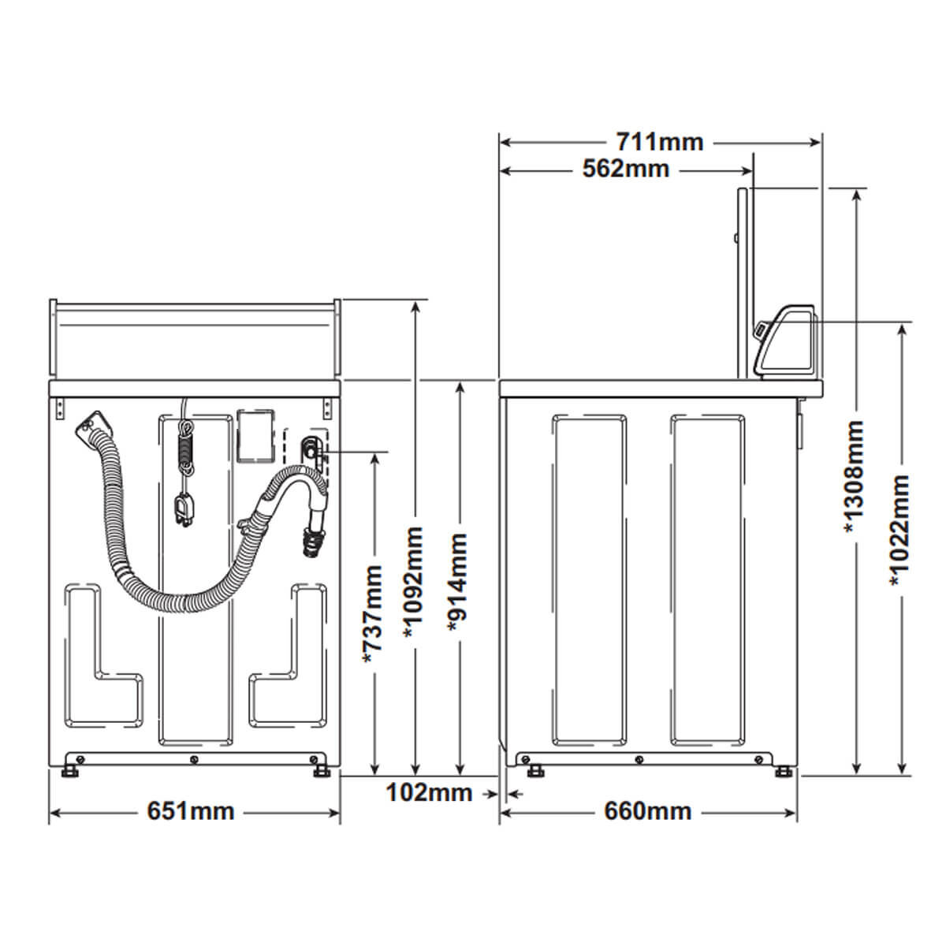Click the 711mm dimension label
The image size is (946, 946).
pyautogui.click(x=660, y=143)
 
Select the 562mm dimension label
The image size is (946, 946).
pyautogui.click(x=626, y=169)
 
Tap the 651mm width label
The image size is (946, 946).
pyautogui.click(x=191, y=811)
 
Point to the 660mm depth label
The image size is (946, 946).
pyautogui.click(x=647, y=811)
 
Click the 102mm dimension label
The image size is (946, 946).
pyautogui.click(x=429, y=792)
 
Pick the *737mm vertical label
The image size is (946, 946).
pyautogui.click(x=373, y=614)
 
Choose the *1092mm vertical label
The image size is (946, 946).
pyautogui.click(x=413, y=583)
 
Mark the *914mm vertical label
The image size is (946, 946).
pyautogui.click(x=457, y=583)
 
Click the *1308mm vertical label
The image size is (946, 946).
pyautogui.click(x=854, y=477)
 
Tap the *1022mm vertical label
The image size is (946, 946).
pyautogui.click(x=899, y=531)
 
